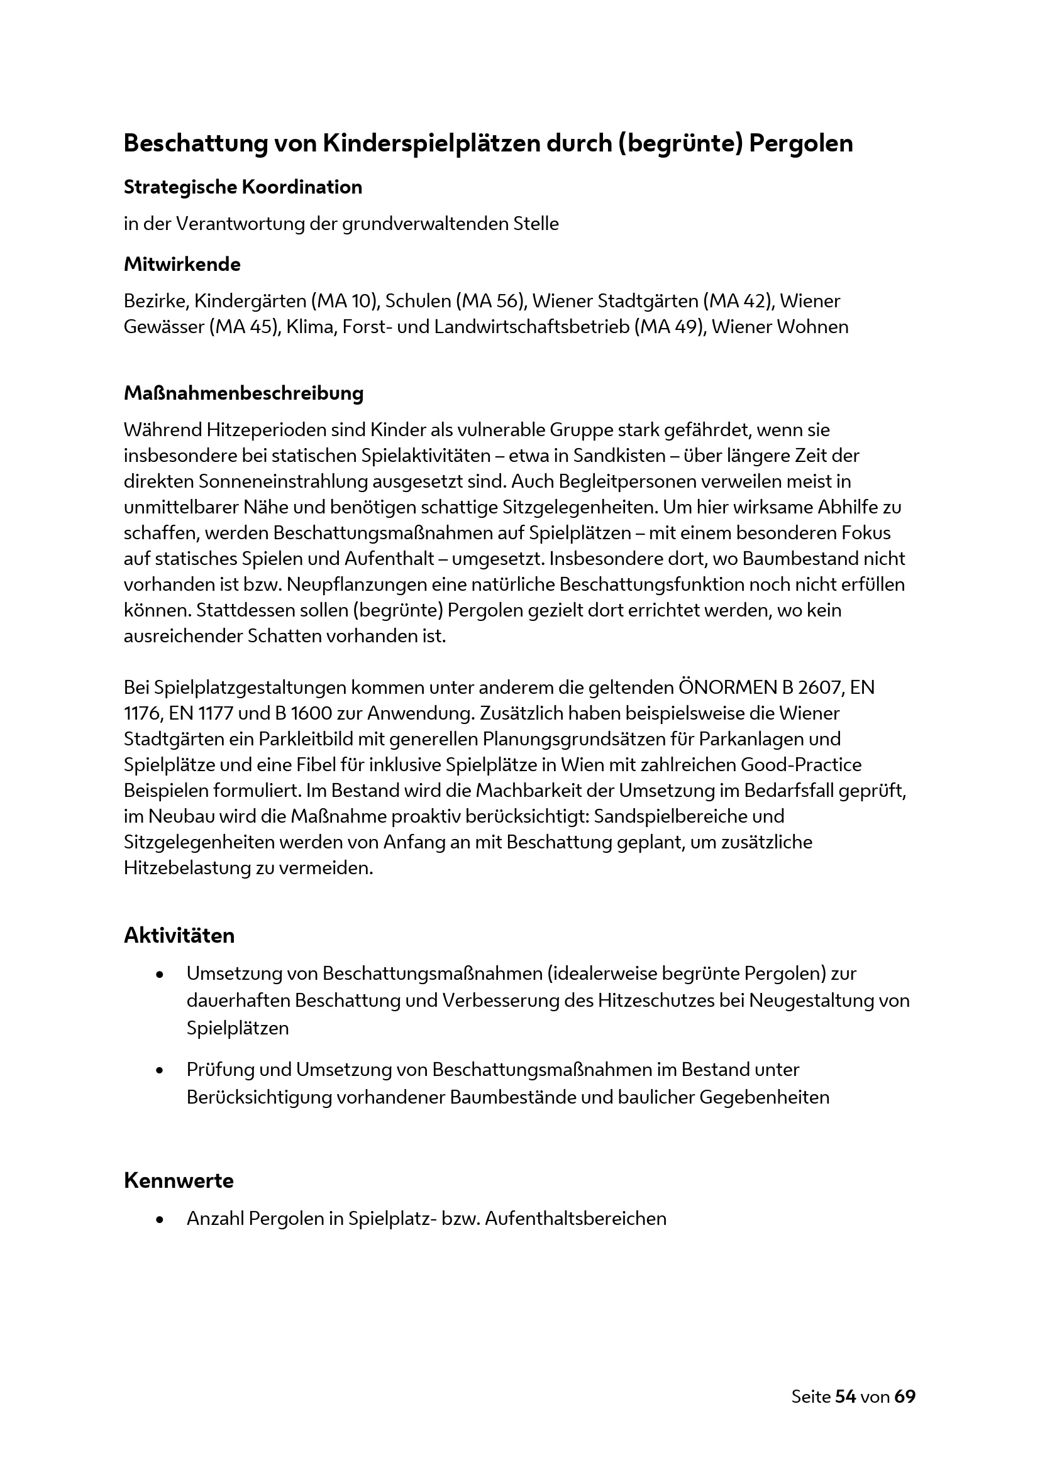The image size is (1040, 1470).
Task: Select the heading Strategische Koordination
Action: (243, 187)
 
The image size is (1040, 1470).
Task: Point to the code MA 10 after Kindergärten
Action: (342, 300)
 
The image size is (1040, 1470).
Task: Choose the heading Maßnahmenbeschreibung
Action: (243, 392)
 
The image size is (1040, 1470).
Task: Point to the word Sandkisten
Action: (621, 455)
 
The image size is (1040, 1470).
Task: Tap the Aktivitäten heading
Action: (179, 935)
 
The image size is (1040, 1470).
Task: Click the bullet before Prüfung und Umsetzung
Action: (160, 1070)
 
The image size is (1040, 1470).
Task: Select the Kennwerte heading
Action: (178, 1180)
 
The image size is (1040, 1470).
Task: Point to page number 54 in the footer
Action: (845, 1396)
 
